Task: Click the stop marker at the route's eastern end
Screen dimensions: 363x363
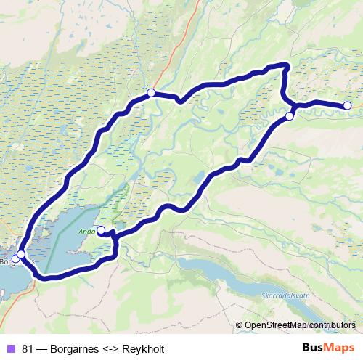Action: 347,105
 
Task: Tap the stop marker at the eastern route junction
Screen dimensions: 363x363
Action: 289,116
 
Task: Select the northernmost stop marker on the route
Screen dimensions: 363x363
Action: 151,92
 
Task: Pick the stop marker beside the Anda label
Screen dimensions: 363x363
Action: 101,230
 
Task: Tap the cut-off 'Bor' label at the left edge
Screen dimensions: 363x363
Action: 6,261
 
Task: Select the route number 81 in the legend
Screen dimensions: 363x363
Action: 28,348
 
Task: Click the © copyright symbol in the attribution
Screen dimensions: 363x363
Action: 240,325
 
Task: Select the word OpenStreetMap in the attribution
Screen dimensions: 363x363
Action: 275,325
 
